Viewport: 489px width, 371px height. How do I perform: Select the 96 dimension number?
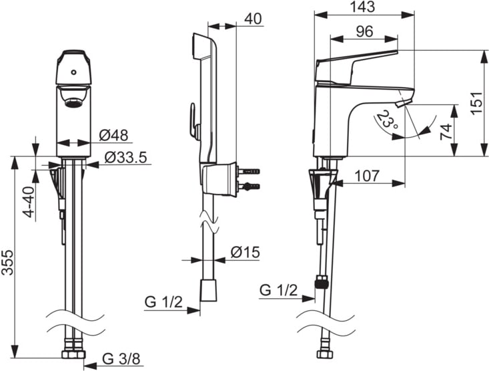(x=364, y=31)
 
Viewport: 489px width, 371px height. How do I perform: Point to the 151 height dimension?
(x=477, y=103)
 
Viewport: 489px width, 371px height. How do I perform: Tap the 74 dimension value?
(x=446, y=132)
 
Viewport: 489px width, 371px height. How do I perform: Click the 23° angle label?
(x=387, y=120)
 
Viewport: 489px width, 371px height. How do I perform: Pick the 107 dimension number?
(x=368, y=176)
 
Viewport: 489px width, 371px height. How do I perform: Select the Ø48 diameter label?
(x=114, y=135)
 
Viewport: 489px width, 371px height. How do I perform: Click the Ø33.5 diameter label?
(x=125, y=158)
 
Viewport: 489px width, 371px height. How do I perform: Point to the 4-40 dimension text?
(x=29, y=202)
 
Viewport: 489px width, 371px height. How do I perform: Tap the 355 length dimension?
(x=7, y=263)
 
